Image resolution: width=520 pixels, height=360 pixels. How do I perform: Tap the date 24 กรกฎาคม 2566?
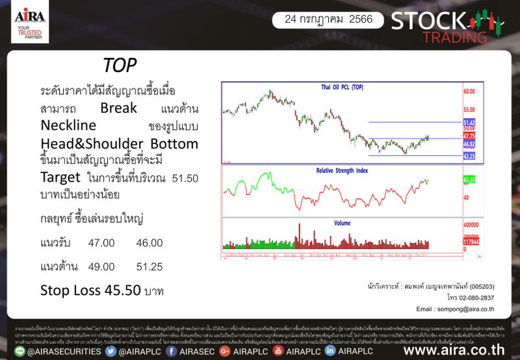tap(328, 19)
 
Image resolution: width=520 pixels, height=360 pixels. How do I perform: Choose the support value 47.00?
tap(101, 243)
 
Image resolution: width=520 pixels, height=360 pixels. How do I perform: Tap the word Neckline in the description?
tap(68, 124)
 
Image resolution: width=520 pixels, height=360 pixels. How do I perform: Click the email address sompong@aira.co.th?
tap(465, 309)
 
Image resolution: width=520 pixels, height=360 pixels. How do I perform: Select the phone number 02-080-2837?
tap(473, 297)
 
